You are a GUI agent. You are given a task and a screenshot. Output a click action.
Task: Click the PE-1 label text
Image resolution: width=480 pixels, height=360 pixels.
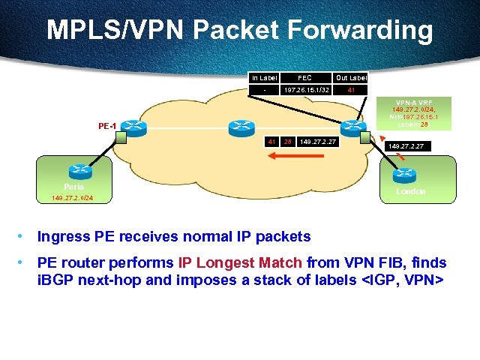[106, 125]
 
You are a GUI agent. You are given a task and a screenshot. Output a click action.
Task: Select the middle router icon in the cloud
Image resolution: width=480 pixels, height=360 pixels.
[243, 127]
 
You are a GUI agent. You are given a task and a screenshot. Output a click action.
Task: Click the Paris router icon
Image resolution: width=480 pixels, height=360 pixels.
[74, 172]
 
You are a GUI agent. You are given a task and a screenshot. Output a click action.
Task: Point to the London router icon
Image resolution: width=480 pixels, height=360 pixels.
[403, 173]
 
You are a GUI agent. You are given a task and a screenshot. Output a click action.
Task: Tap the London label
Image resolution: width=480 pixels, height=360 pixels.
[410, 191]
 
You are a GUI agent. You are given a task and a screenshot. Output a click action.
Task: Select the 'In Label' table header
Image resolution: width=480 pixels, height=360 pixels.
[264, 77]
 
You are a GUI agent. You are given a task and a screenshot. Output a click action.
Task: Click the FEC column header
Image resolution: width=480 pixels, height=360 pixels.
[304, 77]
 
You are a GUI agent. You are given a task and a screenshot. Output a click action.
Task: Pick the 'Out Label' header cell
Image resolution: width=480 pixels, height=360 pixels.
[350, 77]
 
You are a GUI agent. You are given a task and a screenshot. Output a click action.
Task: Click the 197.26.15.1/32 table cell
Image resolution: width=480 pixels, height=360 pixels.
[304, 90]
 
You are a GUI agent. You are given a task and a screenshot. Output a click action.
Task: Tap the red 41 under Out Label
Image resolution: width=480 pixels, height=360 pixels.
[350, 90]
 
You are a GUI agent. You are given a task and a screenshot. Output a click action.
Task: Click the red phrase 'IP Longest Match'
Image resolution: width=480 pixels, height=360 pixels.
[240, 262]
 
